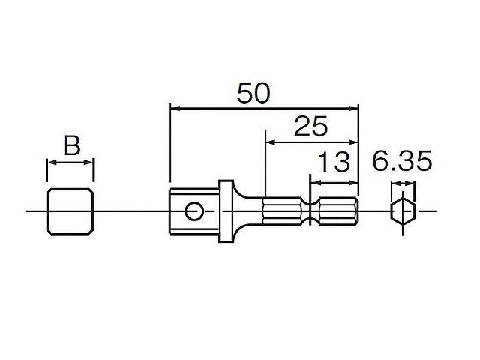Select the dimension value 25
coord(310,127)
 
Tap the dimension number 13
coord(334,162)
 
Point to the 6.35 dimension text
coord(403,162)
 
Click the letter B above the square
coord(71,145)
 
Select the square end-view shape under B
coord(70,211)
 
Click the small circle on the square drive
coord(195,211)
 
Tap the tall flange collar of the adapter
coord(225,211)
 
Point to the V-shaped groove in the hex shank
coord(310,211)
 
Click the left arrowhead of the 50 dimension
coord(175,108)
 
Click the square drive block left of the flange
coord(184,211)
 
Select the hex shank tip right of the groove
coord(337,211)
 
